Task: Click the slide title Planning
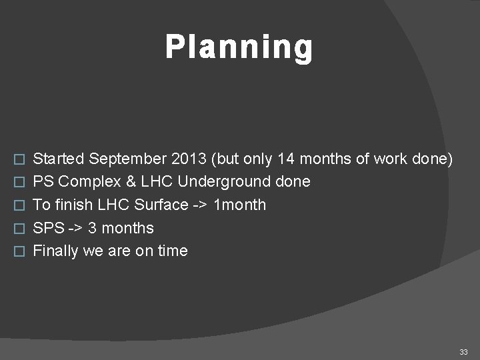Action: coord(239,48)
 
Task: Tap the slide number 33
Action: coord(464,351)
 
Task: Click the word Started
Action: coord(59,159)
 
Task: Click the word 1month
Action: coord(239,205)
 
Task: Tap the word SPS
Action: coord(48,228)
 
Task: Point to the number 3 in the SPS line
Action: coord(93,228)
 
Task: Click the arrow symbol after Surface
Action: coord(201,205)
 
